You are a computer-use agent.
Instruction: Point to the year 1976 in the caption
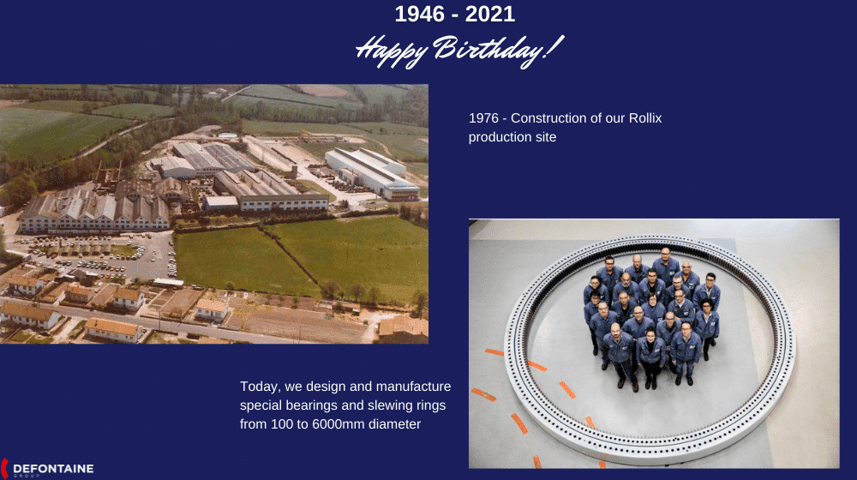[483, 118]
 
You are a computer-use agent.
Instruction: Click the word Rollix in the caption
[645, 118]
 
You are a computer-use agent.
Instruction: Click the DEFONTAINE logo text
[53, 469]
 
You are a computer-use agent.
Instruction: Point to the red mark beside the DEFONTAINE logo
[3, 469]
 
